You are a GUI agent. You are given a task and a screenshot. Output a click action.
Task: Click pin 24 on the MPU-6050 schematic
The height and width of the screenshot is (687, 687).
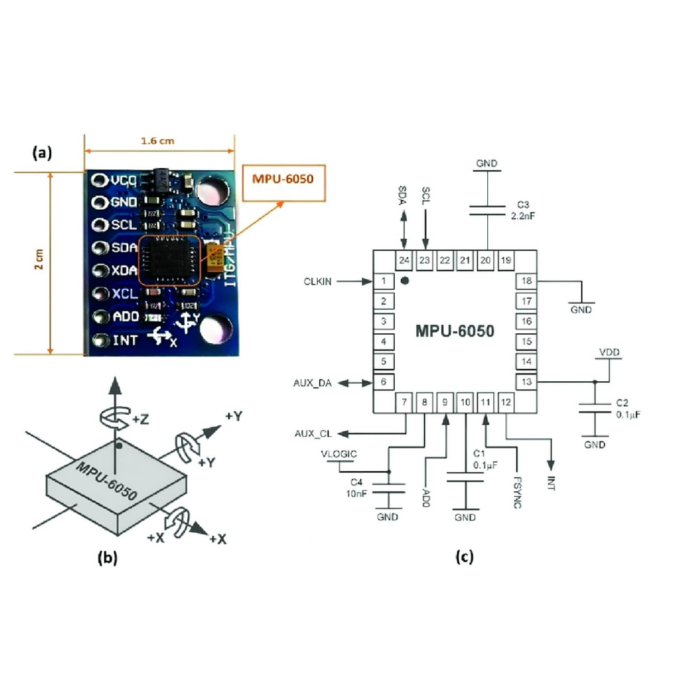coord(404,261)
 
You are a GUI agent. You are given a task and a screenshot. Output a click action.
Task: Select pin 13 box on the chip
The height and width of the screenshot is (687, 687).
coord(526,382)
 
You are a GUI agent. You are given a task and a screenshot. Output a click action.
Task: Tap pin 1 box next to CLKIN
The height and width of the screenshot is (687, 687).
coord(384,281)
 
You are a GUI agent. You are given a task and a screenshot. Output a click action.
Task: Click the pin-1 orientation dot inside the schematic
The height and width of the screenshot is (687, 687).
coord(405,281)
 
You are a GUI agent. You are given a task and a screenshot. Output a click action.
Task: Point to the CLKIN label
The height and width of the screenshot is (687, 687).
coord(317,282)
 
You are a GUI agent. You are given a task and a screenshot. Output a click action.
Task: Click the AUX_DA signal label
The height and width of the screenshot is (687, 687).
coord(312,383)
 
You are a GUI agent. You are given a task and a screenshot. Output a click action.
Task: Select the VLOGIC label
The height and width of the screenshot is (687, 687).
coord(339,454)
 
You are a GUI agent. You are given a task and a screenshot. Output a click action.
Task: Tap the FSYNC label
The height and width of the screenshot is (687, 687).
coord(518,493)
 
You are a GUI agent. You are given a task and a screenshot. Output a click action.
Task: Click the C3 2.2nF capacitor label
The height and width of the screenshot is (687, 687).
coord(523,210)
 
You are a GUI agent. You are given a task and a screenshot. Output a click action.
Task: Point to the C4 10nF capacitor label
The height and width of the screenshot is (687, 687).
coord(356,488)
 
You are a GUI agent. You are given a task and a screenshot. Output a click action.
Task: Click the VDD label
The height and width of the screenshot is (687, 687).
coord(609,352)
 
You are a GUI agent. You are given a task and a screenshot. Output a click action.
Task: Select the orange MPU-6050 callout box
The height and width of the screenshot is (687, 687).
coord(283,183)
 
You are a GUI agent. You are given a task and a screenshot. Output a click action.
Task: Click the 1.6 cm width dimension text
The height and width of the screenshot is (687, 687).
coord(157,141)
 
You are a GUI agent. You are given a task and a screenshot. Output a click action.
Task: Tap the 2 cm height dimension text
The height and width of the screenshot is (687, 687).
coord(39,260)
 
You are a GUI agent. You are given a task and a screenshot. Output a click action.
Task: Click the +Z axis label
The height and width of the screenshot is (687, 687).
coord(140,419)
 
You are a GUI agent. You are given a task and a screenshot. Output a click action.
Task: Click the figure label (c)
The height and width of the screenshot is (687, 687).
coord(464,556)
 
